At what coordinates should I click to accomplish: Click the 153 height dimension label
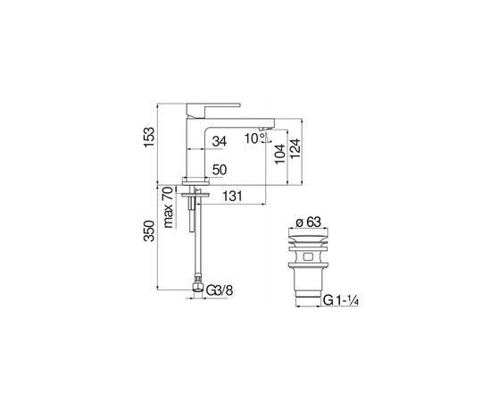149,137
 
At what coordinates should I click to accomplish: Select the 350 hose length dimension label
149,230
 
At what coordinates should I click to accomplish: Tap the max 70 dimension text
168,207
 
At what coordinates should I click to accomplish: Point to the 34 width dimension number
220,141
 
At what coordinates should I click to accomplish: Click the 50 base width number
220,170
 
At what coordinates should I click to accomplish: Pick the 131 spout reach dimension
232,197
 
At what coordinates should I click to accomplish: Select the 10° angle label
255,138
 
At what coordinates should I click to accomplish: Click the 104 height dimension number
279,154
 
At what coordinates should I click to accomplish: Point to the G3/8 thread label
220,290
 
